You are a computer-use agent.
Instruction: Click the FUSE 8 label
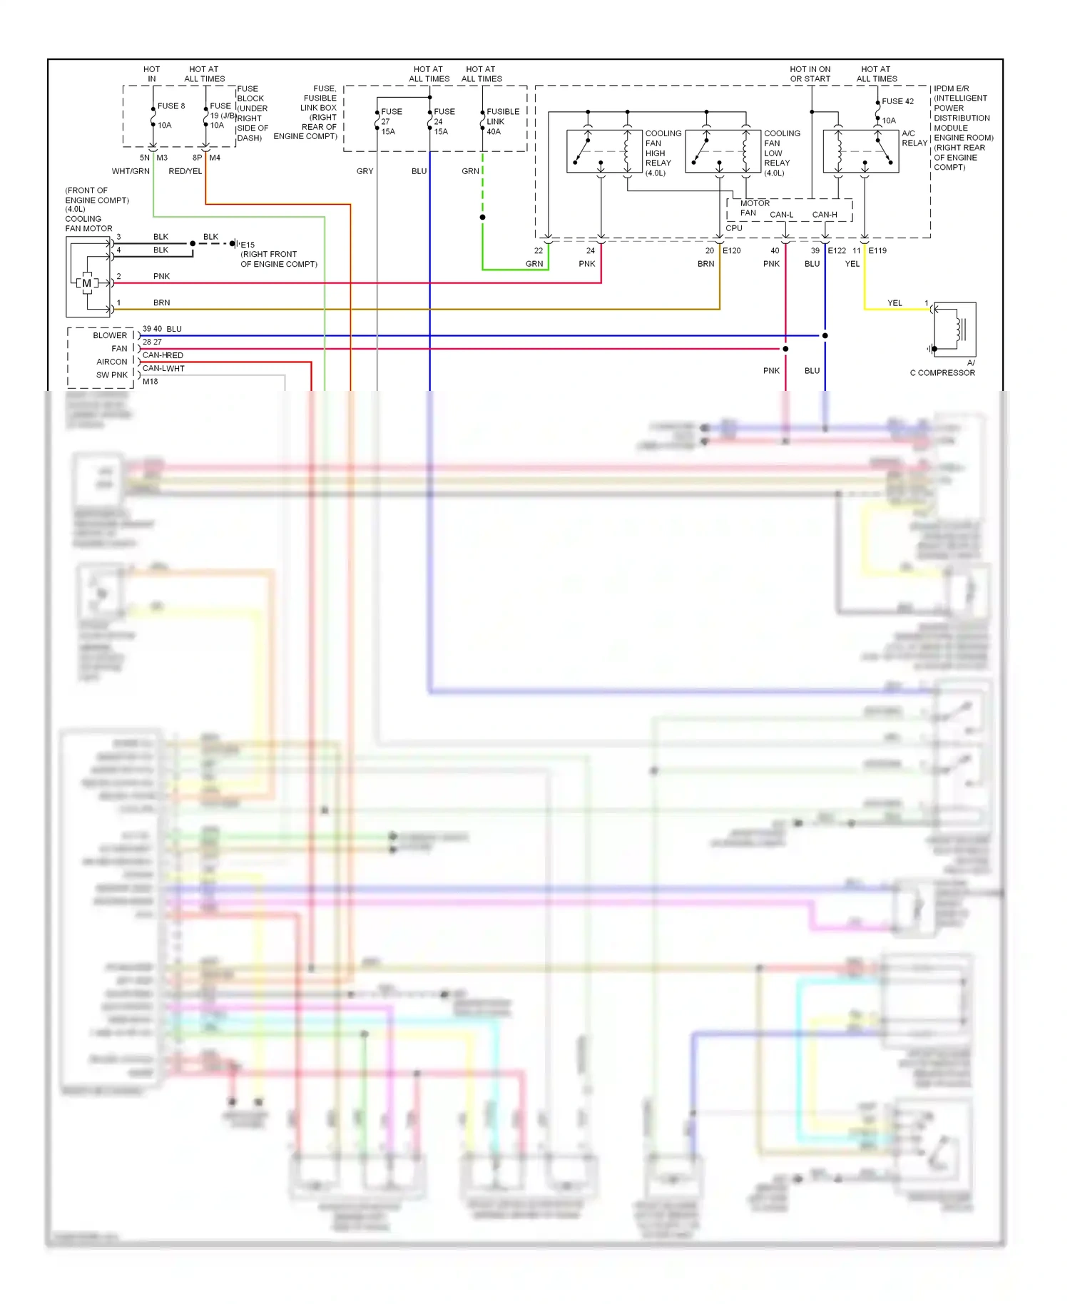pyautogui.click(x=171, y=106)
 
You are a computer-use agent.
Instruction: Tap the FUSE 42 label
pyautogui.click(x=897, y=101)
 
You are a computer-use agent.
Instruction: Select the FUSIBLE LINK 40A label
pyautogui.click(x=502, y=121)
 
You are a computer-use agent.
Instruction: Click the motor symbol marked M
pyautogui.click(x=87, y=283)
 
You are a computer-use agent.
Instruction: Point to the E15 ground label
pyautogui.click(x=248, y=245)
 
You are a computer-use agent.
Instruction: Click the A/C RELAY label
pyautogui.click(x=914, y=138)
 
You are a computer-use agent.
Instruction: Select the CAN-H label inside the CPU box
pyautogui.click(x=825, y=215)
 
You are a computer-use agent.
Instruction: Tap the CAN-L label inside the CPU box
pyautogui.click(x=781, y=215)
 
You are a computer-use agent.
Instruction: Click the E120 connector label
pyautogui.click(x=732, y=251)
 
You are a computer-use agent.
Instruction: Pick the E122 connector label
pyautogui.click(x=837, y=251)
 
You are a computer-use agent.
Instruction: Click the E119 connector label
pyautogui.click(x=877, y=251)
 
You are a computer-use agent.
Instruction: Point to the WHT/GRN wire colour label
pyautogui.click(x=131, y=171)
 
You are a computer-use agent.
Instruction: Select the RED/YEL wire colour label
pyautogui.click(x=185, y=171)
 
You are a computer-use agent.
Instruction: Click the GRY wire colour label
pyautogui.click(x=365, y=171)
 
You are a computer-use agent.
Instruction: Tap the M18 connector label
pyautogui.click(x=150, y=382)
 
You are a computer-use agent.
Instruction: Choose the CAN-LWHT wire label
pyautogui.click(x=163, y=369)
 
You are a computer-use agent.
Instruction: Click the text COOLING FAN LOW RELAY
pyautogui.click(x=781, y=153)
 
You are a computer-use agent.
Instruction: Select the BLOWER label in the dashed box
pyautogui.click(x=110, y=335)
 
